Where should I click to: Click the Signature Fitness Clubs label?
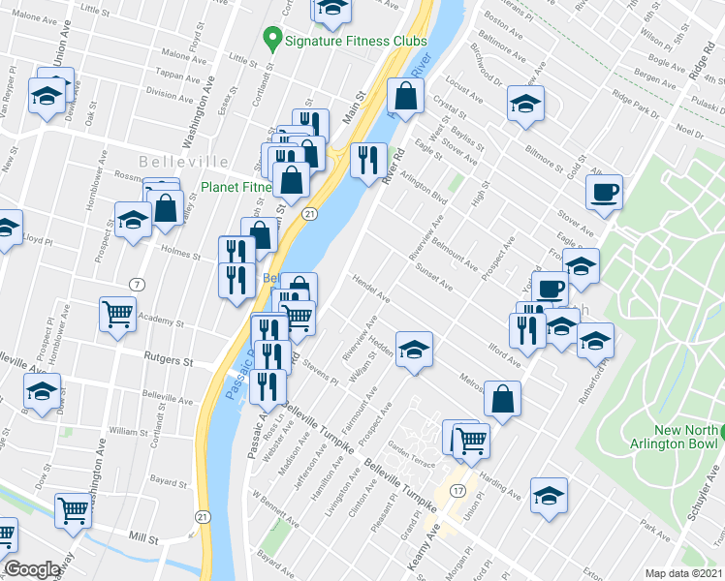(355, 43)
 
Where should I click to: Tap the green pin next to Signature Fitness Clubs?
(271, 42)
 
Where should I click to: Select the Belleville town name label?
(183, 162)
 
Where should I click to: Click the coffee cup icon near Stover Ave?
(605, 192)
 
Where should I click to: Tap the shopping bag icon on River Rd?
(405, 96)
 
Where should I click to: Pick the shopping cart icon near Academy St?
(117, 314)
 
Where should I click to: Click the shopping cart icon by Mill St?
(74, 509)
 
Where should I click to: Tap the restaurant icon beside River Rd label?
(367, 159)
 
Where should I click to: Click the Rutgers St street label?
(169, 360)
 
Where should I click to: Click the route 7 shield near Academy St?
(137, 283)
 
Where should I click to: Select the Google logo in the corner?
(32, 570)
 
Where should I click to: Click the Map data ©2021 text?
(684, 573)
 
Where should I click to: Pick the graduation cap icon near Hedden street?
(414, 350)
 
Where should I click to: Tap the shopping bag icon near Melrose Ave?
(503, 399)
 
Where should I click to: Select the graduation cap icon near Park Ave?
(549, 496)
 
